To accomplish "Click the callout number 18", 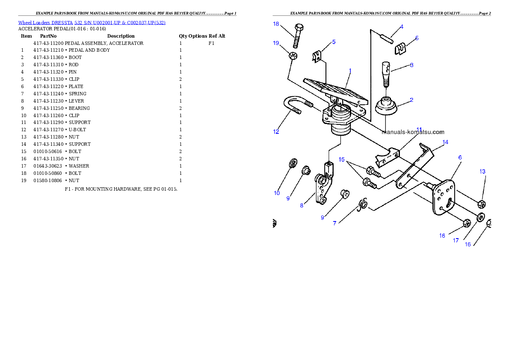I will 276,24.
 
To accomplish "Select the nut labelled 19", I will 293,56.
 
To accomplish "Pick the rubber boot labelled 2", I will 386,106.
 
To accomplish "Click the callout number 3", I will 411,65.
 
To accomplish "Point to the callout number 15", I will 342,159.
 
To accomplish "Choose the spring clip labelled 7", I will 362,204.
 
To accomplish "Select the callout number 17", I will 456,241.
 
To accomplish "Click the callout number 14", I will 445,142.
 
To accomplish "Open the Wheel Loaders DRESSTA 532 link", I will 92,23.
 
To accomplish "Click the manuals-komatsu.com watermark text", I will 413,132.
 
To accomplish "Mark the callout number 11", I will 419,129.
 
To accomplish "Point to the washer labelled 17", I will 480,218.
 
